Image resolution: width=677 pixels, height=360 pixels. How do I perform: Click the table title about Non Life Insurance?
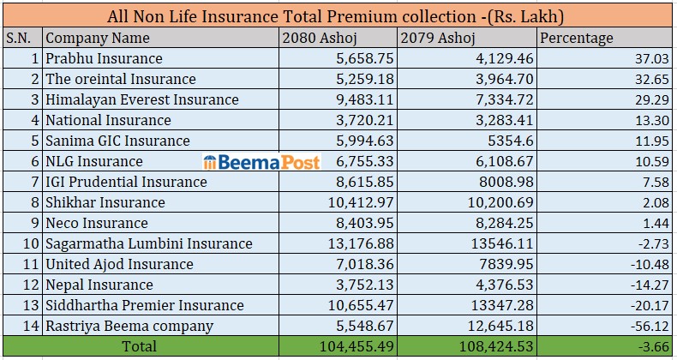(x=338, y=16)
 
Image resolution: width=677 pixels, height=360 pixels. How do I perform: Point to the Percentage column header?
(x=577, y=38)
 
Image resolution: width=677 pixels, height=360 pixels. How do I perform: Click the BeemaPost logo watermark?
(x=261, y=161)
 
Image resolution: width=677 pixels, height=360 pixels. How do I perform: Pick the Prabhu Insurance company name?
(x=104, y=58)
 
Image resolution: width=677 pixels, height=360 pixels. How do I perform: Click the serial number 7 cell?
(x=34, y=182)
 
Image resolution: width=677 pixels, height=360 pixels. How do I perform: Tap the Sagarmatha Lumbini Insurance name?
(x=149, y=243)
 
